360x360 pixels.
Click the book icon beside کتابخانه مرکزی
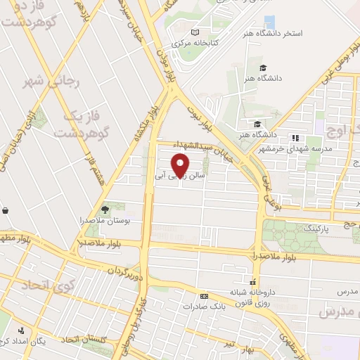click(195, 32)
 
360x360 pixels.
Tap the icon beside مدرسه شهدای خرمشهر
click(295, 137)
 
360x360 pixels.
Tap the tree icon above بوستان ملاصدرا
click(105, 210)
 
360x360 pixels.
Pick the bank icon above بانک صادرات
click(204, 296)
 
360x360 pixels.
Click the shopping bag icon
click(6, 210)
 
